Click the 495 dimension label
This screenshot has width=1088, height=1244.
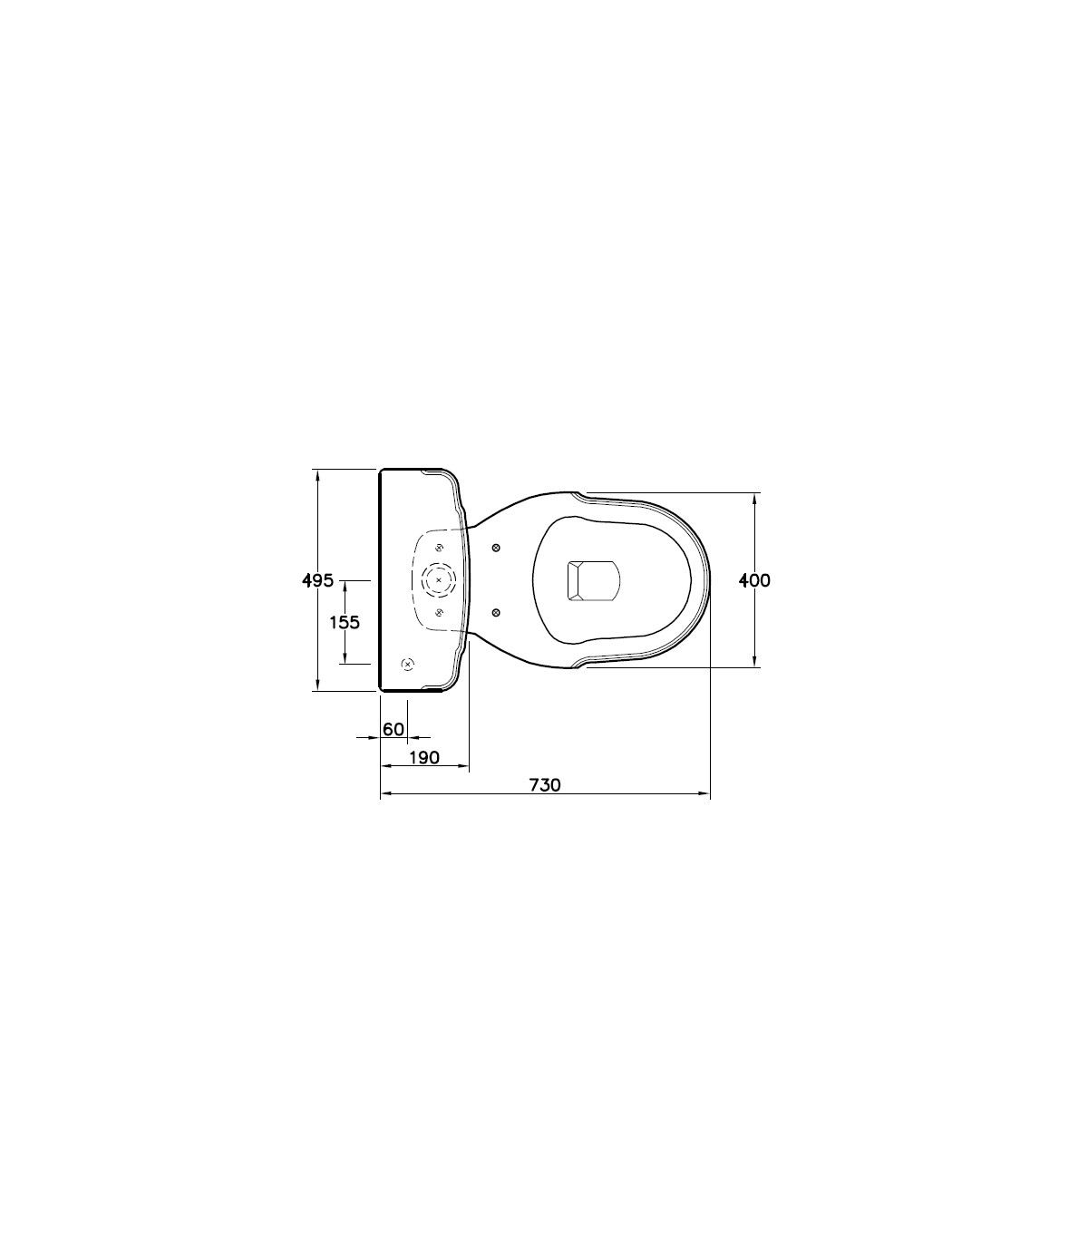pyautogui.click(x=318, y=580)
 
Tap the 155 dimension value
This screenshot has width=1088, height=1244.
pyautogui.click(x=344, y=623)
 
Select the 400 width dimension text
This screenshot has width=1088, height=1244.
pyautogui.click(x=754, y=580)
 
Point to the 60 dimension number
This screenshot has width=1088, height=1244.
pyautogui.click(x=393, y=729)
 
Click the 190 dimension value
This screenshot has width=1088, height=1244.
pyautogui.click(x=423, y=758)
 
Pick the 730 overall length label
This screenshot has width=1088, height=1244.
pyautogui.click(x=545, y=785)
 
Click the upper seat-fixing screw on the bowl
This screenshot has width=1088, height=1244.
pyautogui.click(x=496, y=548)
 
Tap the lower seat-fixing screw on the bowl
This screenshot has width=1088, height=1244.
pyautogui.click(x=496, y=612)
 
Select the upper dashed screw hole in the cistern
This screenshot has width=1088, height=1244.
pyautogui.click(x=440, y=549)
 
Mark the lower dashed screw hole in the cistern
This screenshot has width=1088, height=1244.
pyautogui.click(x=440, y=611)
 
